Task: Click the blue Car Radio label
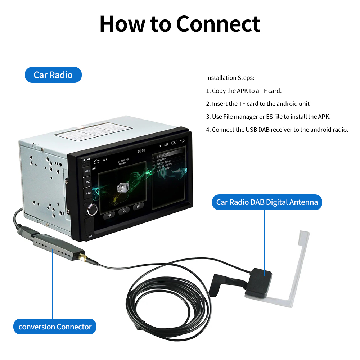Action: coord(53,75)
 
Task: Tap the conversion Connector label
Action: coord(55,327)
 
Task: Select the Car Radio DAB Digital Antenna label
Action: coord(267,202)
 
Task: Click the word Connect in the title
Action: coord(218,24)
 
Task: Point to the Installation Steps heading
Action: coord(230,78)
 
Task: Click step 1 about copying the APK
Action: coord(244,91)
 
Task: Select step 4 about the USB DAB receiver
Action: coord(277,130)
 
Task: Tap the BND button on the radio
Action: coord(87,182)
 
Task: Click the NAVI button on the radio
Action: coord(88,193)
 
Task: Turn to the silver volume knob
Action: coord(91,209)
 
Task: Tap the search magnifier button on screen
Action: coord(124,211)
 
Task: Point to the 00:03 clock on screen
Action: coord(141,150)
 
